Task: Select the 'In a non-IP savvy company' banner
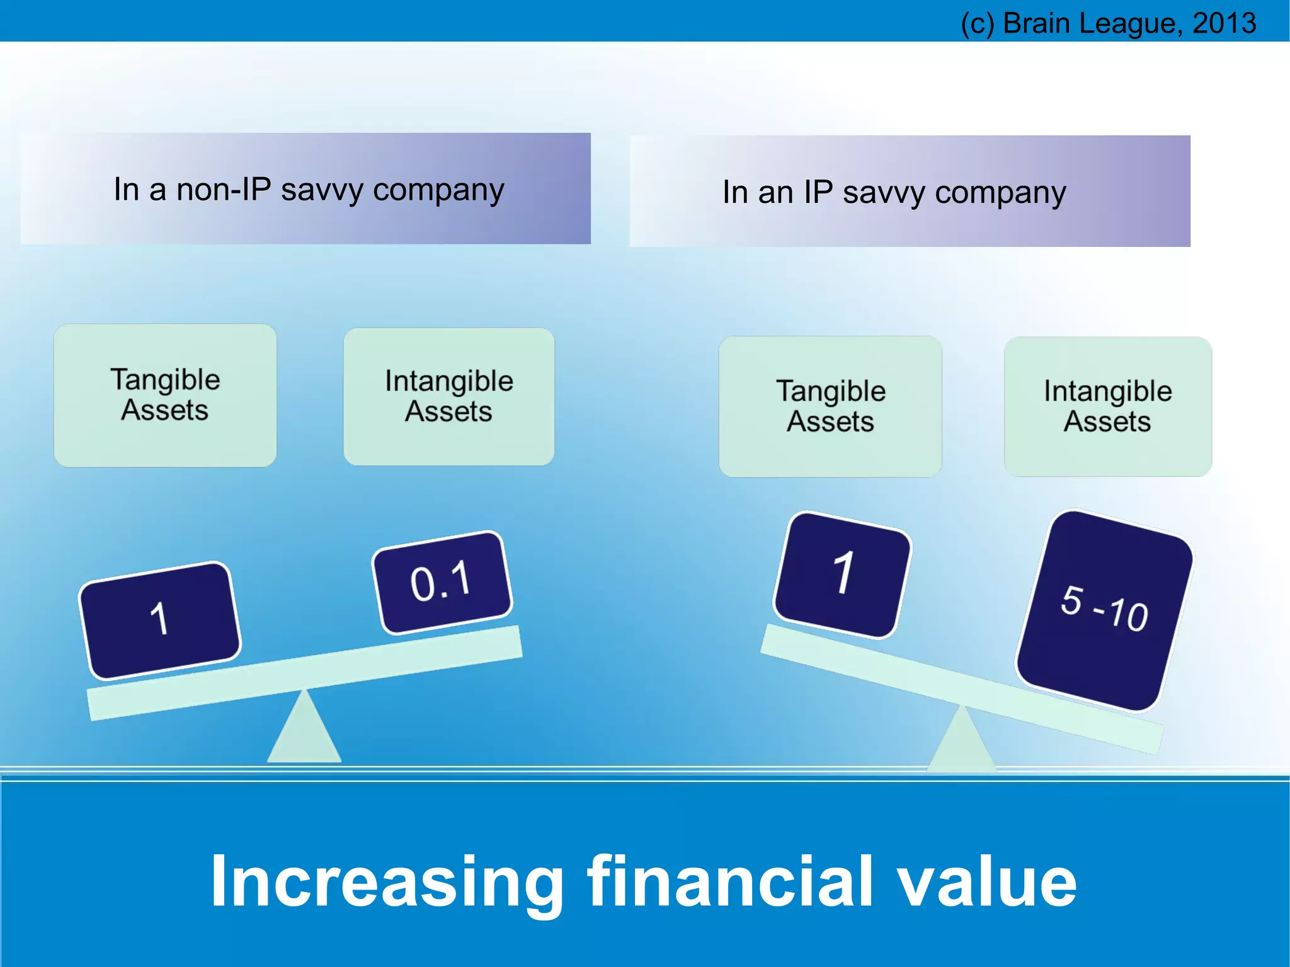point(305,188)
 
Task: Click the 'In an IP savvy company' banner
point(910,192)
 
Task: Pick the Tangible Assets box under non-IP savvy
point(165,395)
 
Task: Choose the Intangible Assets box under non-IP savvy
point(448,396)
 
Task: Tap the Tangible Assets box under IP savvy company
point(830,406)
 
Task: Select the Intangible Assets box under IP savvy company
point(1107,406)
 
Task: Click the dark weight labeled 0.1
point(442,581)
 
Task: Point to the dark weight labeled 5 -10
point(1104,610)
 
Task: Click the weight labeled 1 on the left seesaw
point(159,619)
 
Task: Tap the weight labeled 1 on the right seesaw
point(843,574)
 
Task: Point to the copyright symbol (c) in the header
point(977,24)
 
